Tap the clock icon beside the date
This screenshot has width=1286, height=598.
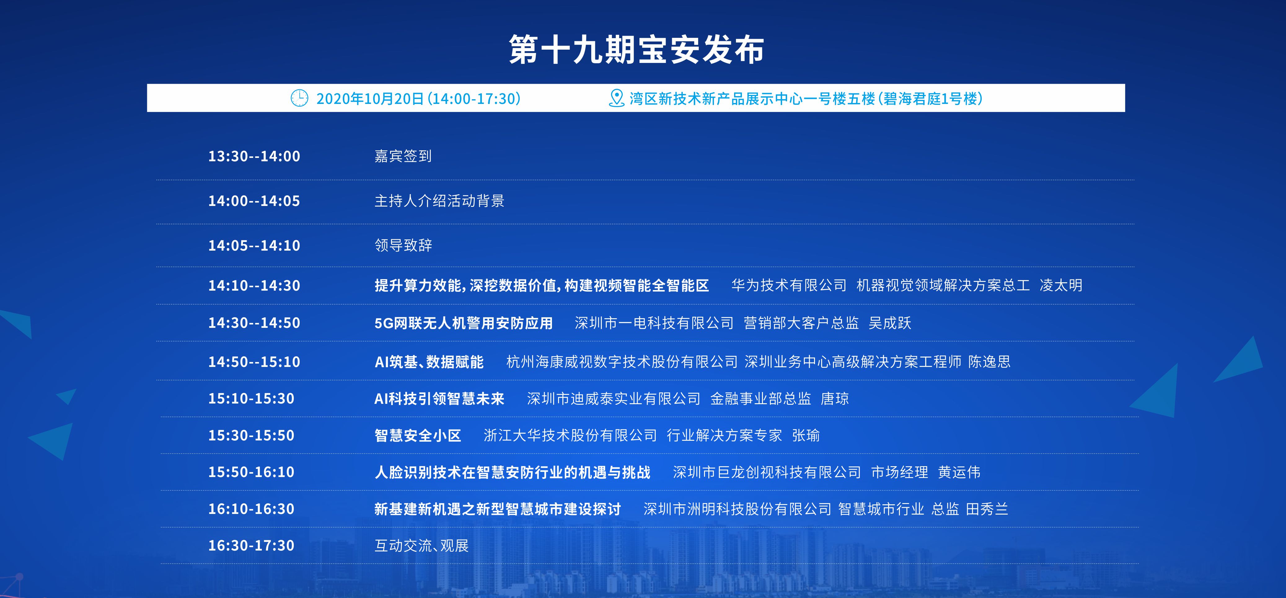point(300,98)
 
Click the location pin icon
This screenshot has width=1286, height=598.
point(617,98)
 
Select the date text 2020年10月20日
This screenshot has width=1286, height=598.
point(370,98)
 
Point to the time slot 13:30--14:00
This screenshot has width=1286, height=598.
point(254,156)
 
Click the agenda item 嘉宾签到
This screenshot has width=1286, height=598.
point(403,156)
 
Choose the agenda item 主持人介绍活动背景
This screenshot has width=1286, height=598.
point(439,201)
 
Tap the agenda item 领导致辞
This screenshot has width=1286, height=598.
point(403,245)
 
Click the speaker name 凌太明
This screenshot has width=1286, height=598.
point(1061,285)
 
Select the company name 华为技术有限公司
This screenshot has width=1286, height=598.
point(789,285)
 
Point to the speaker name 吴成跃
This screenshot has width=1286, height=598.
point(890,323)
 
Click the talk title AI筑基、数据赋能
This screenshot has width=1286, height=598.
point(429,362)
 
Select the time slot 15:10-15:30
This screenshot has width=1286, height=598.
point(251,399)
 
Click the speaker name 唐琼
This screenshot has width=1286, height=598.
point(835,399)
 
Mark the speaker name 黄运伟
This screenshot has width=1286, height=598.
point(959,472)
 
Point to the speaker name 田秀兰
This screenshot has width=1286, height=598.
point(987,509)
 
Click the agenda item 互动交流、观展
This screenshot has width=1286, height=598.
point(421,546)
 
